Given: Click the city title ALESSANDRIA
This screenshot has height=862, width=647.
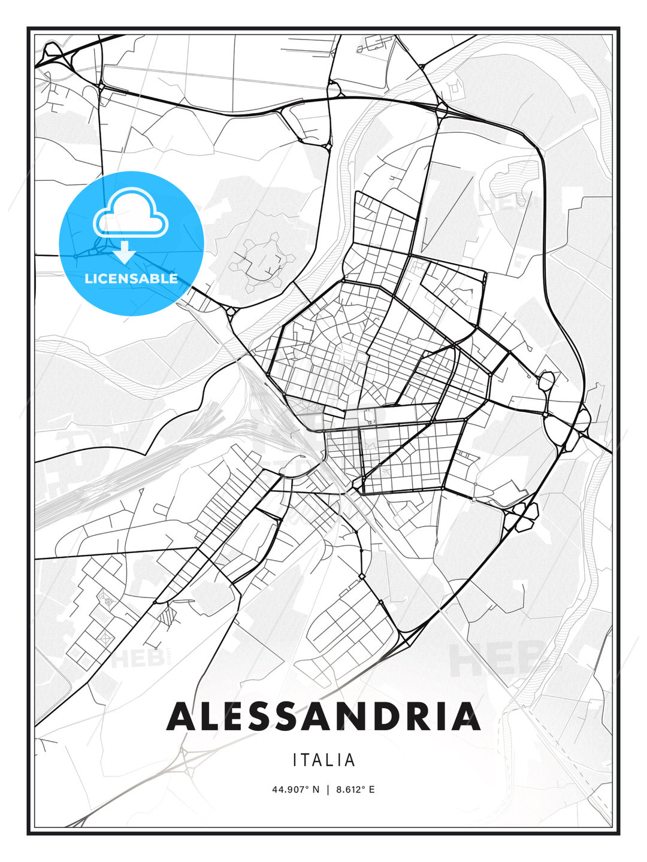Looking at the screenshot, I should [x=323, y=716].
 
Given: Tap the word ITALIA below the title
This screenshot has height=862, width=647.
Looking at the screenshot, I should [x=324, y=760].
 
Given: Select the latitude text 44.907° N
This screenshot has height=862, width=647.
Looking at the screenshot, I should [x=296, y=790].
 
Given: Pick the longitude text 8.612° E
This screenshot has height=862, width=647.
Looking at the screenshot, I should [x=355, y=790].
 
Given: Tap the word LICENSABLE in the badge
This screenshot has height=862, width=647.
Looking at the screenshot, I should [x=131, y=278].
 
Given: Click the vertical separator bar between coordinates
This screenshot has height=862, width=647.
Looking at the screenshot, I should [x=328, y=790].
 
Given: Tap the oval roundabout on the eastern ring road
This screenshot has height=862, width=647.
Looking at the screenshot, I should [x=547, y=381].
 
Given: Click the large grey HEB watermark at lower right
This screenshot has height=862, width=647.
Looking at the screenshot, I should [x=497, y=658].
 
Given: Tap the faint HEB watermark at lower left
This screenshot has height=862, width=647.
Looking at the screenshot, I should [x=138, y=658].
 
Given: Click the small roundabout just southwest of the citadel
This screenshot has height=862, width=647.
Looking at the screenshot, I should [x=231, y=312].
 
